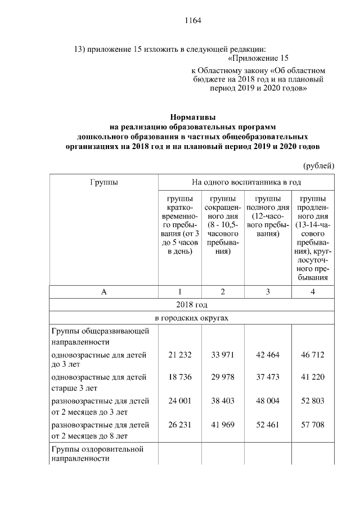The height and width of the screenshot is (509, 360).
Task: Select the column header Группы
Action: [x=103, y=182]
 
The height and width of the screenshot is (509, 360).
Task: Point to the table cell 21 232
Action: [x=180, y=355]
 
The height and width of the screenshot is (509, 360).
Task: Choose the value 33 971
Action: [x=223, y=355]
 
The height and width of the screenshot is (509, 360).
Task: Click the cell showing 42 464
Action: [x=267, y=355]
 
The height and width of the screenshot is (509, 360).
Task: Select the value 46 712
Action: [x=313, y=355]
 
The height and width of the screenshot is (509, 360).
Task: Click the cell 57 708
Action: [x=313, y=425]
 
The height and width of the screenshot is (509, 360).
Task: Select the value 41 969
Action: [x=223, y=425]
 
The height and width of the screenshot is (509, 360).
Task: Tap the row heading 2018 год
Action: [x=192, y=305]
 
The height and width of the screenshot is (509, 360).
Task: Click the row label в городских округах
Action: [x=192, y=318]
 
